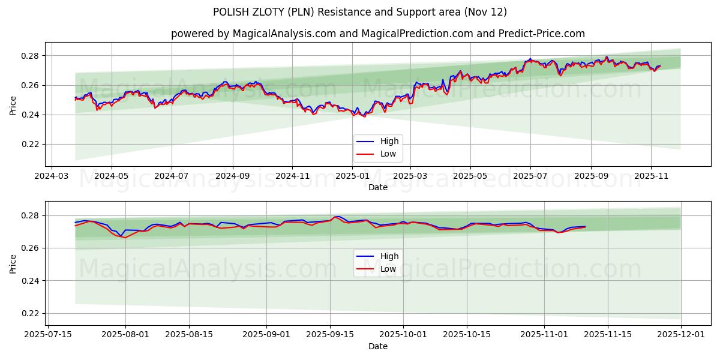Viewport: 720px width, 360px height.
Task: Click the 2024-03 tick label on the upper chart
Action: tap(52, 176)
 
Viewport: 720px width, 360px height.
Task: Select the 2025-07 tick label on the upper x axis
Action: tap(530, 176)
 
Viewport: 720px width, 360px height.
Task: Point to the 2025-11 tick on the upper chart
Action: tap(651, 176)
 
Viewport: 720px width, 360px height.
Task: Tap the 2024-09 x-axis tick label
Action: tap(233, 176)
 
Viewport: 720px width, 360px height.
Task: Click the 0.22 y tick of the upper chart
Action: tap(29, 144)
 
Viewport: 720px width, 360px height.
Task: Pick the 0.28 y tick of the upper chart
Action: tap(29, 56)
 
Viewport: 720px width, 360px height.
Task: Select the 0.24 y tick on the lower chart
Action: tap(29, 281)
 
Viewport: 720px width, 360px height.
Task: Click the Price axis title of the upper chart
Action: tap(13, 105)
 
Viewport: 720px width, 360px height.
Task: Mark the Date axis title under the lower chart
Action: tap(378, 346)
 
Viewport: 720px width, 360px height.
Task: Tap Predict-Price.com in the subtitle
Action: tap(541, 34)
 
